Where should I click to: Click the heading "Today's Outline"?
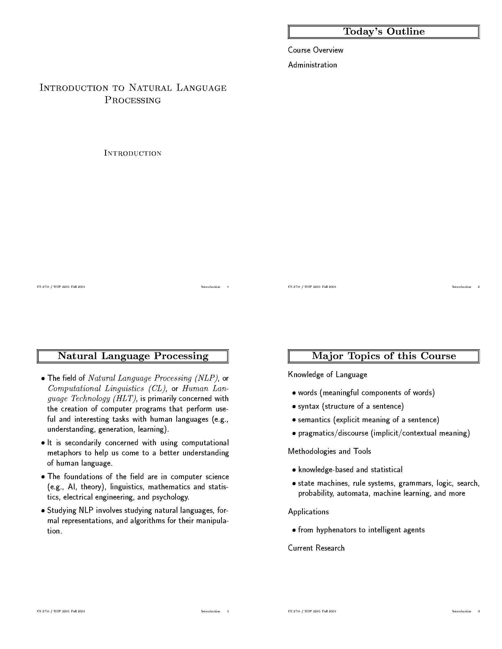click(x=384, y=32)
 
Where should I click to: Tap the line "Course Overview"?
click(x=315, y=50)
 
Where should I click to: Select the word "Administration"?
click(x=312, y=65)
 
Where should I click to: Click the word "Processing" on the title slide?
click(x=133, y=100)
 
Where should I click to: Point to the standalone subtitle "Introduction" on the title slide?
click(x=133, y=153)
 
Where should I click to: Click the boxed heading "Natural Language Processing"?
click(x=133, y=356)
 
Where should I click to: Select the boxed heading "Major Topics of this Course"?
click(x=384, y=356)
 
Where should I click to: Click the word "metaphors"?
click(x=65, y=453)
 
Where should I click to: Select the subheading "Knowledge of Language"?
click(x=327, y=375)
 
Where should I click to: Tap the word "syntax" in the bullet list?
click(x=308, y=406)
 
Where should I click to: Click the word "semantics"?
click(x=314, y=420)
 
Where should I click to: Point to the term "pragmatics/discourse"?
click(x=333, y=433)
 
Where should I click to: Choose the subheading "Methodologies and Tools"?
click(x=330, y=451)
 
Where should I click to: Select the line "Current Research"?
click(x=316, y=548)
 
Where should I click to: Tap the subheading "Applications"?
click(x=308, y=512)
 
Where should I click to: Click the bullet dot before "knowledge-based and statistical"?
click(x=294, y=470)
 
